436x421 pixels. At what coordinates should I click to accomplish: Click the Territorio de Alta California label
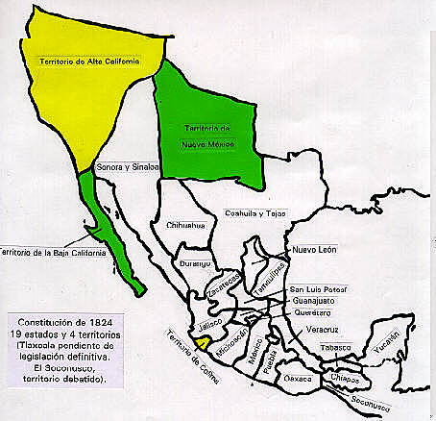[x=98, y=62]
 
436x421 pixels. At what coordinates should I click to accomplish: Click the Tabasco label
[x=338, y=347]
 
